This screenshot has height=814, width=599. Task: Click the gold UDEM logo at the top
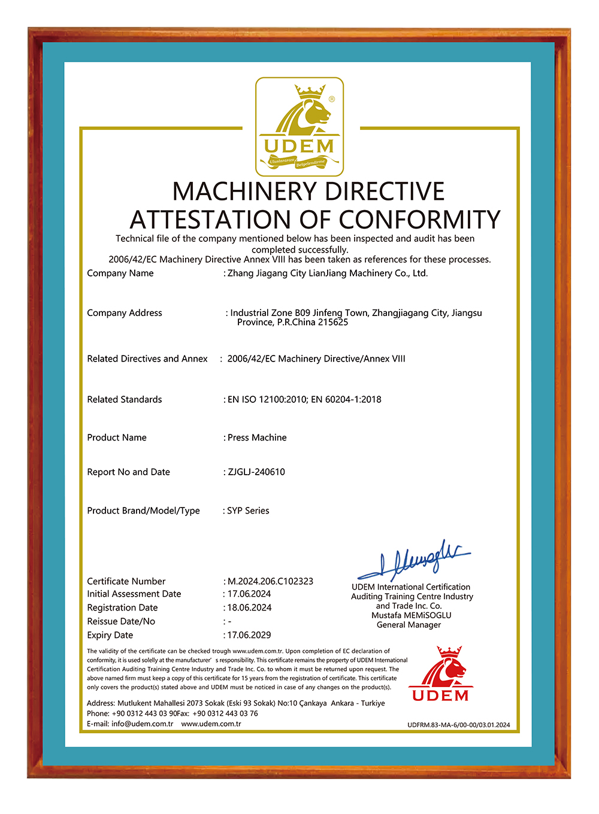(299, 126)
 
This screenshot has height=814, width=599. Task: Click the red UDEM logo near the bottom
(440, 674)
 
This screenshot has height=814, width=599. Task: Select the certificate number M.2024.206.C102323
(270, 581)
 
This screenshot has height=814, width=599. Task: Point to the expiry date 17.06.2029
(249, 635)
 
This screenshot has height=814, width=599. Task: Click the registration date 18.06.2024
(249, 608)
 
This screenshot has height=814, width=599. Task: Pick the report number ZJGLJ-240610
(256, 472)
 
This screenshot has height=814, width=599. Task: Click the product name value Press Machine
(257, 438)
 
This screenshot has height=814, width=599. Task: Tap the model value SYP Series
(248, 511)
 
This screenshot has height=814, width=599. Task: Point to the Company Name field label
(120, 273)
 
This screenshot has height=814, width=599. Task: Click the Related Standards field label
(125, 399)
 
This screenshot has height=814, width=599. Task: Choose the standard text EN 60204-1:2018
(346, 399)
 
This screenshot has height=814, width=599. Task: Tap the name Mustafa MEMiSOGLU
(412, 615)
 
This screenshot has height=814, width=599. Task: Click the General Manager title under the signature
(409, 625)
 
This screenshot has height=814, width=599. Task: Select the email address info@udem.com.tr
(142, 724)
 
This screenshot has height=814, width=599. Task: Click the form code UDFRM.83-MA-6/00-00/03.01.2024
(459, 725)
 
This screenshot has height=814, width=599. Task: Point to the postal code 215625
(333, 322)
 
